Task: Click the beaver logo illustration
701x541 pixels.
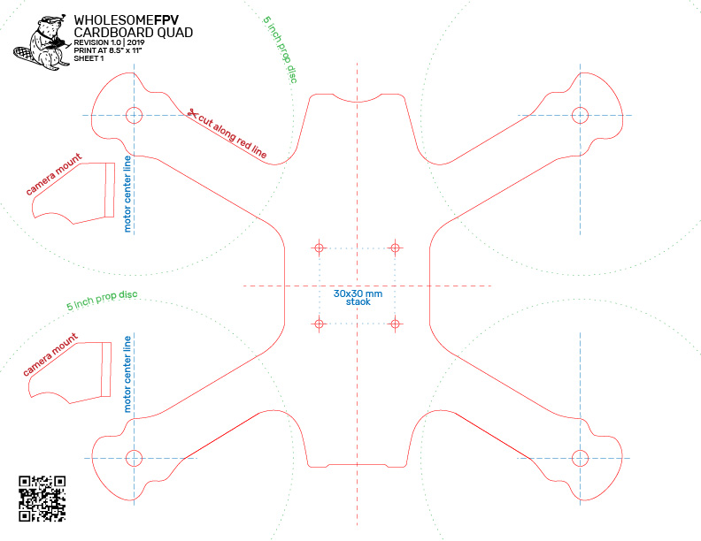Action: point(42,42)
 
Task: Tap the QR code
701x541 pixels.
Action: point(42,499)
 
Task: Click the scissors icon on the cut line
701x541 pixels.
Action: point(193,113)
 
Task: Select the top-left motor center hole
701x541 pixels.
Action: point(135,115)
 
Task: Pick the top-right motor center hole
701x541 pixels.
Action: point(581,115)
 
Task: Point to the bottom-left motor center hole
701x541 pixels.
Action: point(135,458)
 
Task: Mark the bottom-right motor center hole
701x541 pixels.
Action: point(581,458)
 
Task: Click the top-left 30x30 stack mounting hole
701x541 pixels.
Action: point(320,248)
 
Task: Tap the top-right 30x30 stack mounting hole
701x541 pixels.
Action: point(395,248)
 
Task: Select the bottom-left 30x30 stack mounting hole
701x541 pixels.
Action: point(320,324)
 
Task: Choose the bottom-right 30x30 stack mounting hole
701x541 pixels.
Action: point(395,324)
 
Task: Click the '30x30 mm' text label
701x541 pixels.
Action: point(358,293)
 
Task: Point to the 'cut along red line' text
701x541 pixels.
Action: point(233,136)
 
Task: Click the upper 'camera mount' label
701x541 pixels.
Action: point(54,174)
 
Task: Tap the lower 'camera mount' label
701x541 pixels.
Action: point(50,354)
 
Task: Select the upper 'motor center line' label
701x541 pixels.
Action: point(127,194)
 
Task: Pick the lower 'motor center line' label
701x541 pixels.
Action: point(127,374)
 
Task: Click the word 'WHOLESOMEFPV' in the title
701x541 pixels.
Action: point(126,20)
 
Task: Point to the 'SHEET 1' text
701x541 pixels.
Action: point(89,58)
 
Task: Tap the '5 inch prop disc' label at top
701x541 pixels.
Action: point(281,50)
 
